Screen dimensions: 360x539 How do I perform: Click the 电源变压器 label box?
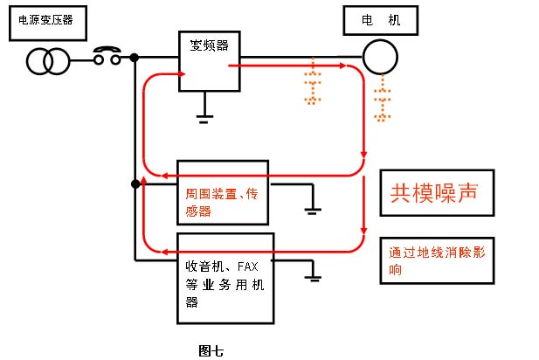(x=48, y=22)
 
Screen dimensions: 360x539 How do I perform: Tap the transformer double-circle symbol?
(x=45, y=60)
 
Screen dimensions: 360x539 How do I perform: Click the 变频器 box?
(x=210, y=60)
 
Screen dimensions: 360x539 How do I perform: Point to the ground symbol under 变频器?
(x=204, y=115)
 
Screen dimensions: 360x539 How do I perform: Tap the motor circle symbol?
(x=381, y=59)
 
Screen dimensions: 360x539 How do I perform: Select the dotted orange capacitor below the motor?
(x=381, y=101)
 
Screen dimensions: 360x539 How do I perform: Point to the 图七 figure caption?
(x=211, y=351)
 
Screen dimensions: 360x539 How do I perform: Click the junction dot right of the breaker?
(x=135, y=59)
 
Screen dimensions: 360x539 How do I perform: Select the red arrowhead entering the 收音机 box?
(x=159, y=252)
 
